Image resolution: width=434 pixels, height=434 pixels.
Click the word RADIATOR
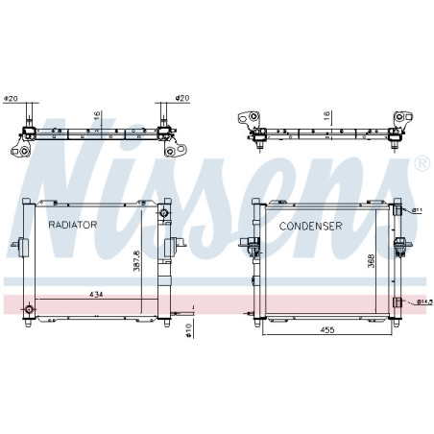coord(73,223)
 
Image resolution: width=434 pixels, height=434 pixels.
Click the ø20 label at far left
coord(12,99)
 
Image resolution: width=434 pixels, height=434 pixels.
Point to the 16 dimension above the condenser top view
coord(326,115)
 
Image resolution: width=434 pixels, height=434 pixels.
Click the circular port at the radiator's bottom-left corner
coord(30,309)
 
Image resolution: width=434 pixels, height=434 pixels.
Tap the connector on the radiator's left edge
coord(17,249)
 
